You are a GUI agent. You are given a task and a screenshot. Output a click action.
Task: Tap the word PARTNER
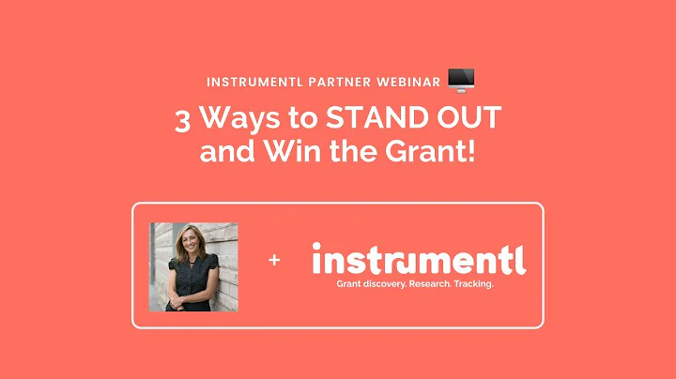pyautogui.click(x=342, y=83)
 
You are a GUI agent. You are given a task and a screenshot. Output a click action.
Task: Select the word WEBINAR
pyautogui.click(x=408, y=83)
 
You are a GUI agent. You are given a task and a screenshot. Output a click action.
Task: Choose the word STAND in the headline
pyautogui.click(x=370, y=121)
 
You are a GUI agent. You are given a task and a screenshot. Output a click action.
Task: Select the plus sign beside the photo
pyautogui.click(x=274, y=260)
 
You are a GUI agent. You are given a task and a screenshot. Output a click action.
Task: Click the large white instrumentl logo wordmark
pyautogui.click(x=418, y=258)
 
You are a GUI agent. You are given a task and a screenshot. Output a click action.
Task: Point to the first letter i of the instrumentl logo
pyautogui.click(x=316, y=257)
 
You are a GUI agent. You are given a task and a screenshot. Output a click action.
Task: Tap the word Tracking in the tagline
pyautogui.click(x=471, y=282)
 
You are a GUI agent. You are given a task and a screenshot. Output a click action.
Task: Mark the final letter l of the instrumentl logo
pyautogui.click(x=521, y=256)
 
